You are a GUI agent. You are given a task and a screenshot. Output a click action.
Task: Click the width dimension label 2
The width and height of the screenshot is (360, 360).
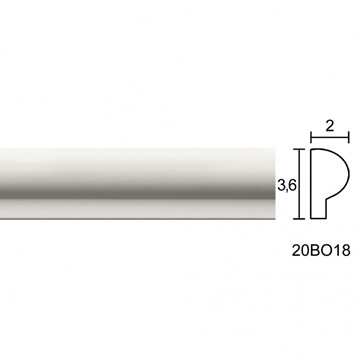[x=329, y=126]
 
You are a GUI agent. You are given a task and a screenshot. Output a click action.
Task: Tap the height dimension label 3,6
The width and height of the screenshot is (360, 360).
[x=287, y=186]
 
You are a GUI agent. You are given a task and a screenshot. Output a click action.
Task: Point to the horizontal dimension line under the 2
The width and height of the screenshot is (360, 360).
[x=330, y=137]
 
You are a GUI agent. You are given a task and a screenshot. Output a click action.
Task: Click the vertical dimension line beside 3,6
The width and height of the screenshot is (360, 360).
[x=299, y=184]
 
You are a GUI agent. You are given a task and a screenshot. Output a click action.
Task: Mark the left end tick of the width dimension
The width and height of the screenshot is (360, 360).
[x=311, y=137]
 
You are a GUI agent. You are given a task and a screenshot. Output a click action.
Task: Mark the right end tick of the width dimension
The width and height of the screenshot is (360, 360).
[x=348, y=137]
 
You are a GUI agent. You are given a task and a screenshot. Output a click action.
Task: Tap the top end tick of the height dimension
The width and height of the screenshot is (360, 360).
[x=299, y=149]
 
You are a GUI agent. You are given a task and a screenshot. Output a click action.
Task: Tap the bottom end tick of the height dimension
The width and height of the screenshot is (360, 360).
[x=299, y=219]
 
